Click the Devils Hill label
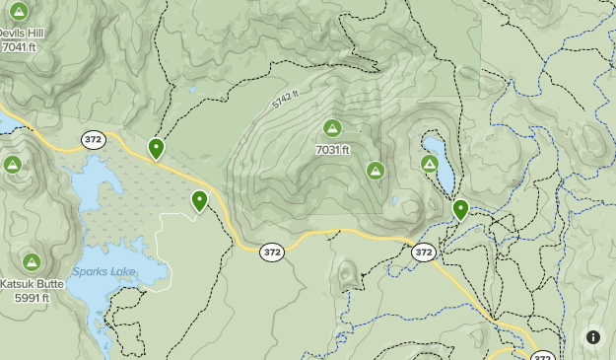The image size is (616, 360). pyautogui.click(x=24, y=32)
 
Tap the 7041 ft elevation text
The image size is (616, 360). pyautogui.click(x=20, y=46)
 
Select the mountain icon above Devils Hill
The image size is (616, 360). pyautogui.click(x=18, y=11)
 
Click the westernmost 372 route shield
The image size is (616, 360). pyautogui.click(x=93, y=139)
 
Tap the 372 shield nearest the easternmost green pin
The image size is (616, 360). pyautogui.click(x=424, y=252)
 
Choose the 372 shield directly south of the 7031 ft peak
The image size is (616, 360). pyautogui.click(x=273, y=252)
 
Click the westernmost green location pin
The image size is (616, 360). pyautogui.click(x=156, y=149)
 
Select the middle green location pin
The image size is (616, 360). pyautogui.click(x=200, y=201)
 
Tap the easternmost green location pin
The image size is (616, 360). pyautogui.click(x=460, y=209)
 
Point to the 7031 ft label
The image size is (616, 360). pyautogui.click(x=333, y=150)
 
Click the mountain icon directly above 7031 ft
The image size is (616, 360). pyautogui.click(x=332, y=127)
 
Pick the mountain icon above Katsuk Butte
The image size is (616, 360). pyautogui.click(x=32, y=262)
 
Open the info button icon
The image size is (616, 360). pyautogui.click(x=593, y=337)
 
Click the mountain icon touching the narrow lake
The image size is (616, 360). pyautogui.click(x=430, y=164)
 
